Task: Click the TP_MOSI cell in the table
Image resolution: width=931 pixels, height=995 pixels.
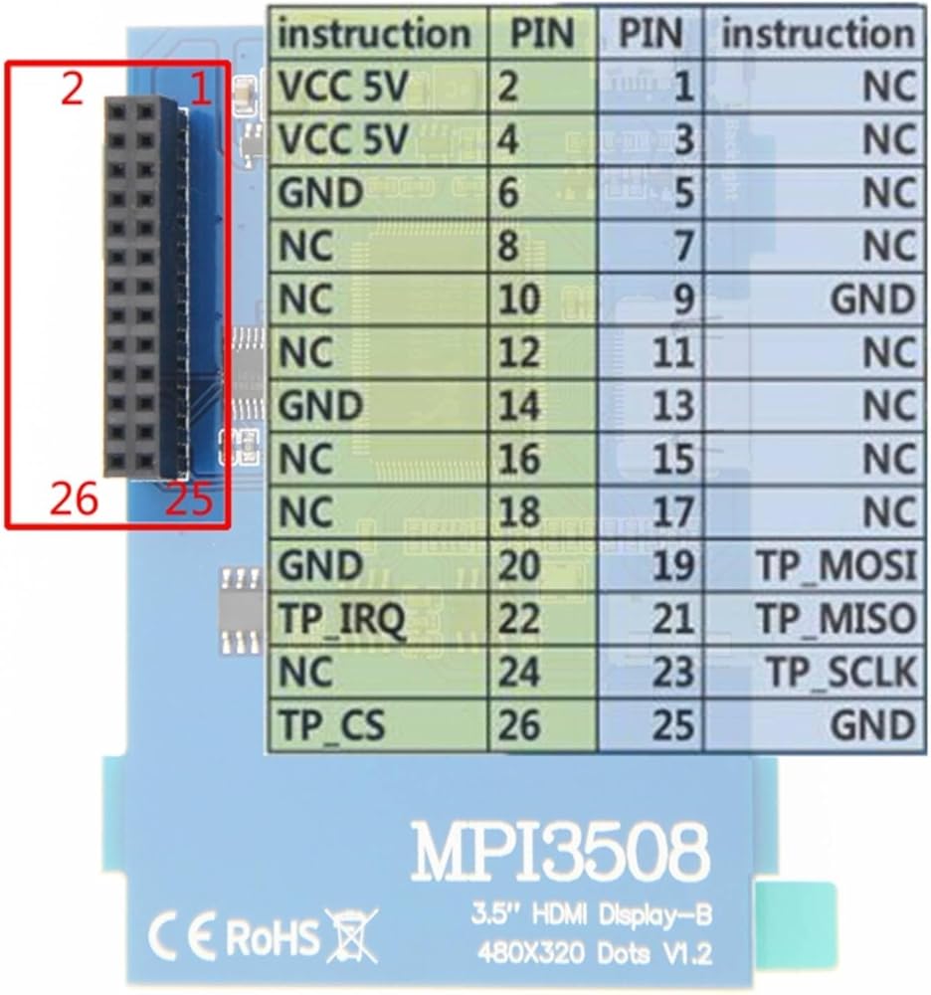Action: click(x=836, y=566)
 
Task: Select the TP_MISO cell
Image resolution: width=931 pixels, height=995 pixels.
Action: click(x=836, y=620)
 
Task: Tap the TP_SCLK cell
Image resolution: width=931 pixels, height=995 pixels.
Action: click(x=840, y=674)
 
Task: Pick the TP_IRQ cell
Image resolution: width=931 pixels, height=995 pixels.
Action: click(x=343, y=620)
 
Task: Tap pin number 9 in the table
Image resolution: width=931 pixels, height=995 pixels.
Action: click(x=681, y=299)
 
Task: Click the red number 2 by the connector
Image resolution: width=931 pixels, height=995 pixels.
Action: click(x=71, y=91)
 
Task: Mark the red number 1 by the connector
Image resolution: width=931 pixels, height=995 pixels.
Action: click(x=201, y=91)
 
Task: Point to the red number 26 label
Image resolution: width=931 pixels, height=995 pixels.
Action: click(x=75, y=499)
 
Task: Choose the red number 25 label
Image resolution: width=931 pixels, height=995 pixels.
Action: click(x=189, y=499)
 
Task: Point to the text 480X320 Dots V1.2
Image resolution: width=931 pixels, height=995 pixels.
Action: click(x=595, y=954)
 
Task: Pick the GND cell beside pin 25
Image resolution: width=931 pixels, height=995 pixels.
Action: click(x=871, y=725)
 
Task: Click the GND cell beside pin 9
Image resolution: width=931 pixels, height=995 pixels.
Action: click(x=871, y=299)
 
